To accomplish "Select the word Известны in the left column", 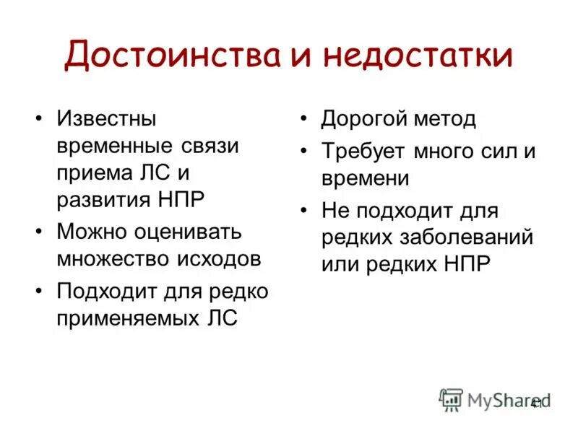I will tap(107, 118).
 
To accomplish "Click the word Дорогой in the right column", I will tap(361, 118).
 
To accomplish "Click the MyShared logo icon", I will tap(452, 399).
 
